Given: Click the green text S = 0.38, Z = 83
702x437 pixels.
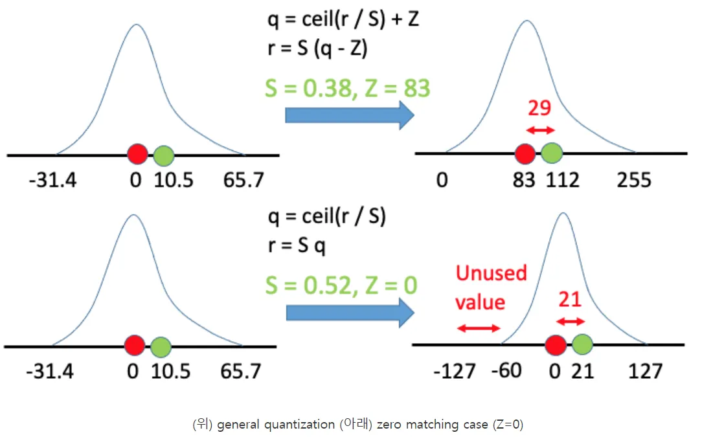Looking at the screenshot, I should (348, 88).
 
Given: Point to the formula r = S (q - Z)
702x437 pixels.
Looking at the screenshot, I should (317, 49).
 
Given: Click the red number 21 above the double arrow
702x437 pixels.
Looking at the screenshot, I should (569, 300).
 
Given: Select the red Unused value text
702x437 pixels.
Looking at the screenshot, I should (491, 287).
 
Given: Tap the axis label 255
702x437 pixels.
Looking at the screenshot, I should (634, 179).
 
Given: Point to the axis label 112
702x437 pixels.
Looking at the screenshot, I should (561, 179).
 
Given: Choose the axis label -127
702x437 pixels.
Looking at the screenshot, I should (455, 371).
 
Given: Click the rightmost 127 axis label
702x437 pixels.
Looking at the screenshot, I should (645, 371).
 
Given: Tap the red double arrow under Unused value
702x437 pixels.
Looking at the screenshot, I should (479, 328).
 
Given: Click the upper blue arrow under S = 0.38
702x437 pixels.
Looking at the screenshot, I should (349, 116).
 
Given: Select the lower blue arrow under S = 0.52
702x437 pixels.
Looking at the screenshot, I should (350, 313).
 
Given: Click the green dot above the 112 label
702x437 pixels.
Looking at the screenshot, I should (552, 153).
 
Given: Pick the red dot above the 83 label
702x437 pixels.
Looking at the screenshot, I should (525, 153).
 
